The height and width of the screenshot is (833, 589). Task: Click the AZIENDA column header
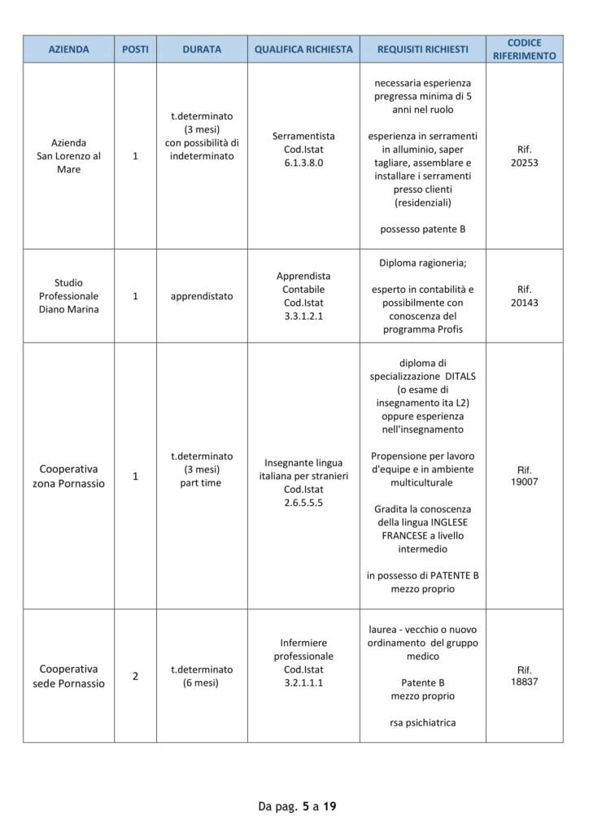click(x=68, y=49)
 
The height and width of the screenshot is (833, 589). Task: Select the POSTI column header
click(x=135, y=49)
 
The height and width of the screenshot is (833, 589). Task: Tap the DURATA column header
click(x=202, y=49)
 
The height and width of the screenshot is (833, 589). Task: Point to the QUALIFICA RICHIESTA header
click(x=303, y=49)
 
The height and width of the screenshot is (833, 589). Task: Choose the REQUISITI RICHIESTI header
click(x=422, y=49)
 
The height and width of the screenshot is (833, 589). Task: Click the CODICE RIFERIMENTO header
click(x=524, y=49)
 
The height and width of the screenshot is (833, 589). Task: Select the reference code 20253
click(x=524, y=163)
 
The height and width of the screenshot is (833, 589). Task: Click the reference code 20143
click(x=524, y=303)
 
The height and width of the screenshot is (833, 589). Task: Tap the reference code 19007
click(x=524, y=482)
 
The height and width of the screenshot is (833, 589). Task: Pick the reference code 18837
click(x=524, y=682)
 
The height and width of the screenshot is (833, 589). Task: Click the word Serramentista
click(x=303, y=136)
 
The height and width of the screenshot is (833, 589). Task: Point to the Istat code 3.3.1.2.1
click(x=303, y=316)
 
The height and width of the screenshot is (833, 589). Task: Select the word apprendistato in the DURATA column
click(x=202, y=296)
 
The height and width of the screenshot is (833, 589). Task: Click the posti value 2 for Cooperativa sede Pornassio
click(x=135, y=676)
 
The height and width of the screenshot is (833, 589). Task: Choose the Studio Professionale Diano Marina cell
click(x=68, y=296)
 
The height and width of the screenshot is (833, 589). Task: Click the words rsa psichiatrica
click(x=422, y=722)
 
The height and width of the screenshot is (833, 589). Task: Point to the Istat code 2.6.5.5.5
click(x=303, y=503)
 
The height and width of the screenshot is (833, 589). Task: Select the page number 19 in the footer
click(x=329, y=807)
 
